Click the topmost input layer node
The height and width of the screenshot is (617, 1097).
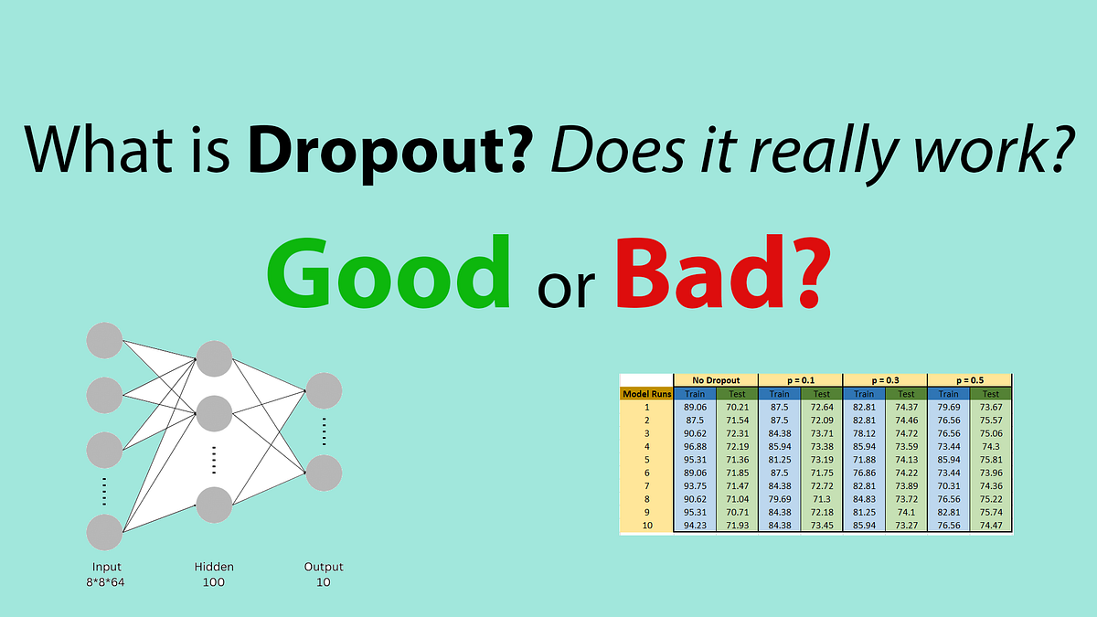click(104, 341)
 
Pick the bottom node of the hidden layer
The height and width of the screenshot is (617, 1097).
click(214, 505)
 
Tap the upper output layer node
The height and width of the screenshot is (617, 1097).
click(324, 390)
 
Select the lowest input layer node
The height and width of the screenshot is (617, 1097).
click(104, 533)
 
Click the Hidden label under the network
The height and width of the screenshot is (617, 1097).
click(214, 567)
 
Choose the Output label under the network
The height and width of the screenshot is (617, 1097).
click(324, 567)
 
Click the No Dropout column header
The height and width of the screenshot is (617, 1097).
click(715, 379)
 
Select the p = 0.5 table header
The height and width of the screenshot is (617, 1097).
click(969, 379)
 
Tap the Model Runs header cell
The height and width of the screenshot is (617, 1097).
click(646, 394)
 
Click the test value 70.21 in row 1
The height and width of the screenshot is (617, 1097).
click(736, 408)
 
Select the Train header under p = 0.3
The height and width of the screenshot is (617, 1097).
click(863, 394)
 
